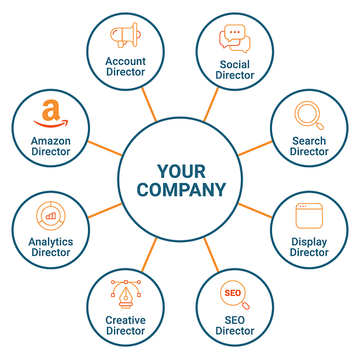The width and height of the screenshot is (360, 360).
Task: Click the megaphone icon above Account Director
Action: pos(126,35)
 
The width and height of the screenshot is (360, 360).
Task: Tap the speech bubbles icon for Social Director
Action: pos(235,39)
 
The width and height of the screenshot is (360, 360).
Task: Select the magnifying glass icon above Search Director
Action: pos(309,115)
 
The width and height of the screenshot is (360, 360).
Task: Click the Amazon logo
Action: pos(51,114)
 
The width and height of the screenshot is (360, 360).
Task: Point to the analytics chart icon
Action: pos(51,216)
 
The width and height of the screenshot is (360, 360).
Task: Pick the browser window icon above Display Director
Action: pos(309,216)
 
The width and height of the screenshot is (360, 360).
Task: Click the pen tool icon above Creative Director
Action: pos(126,294)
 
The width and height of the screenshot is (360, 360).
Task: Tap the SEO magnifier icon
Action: pos(235,295)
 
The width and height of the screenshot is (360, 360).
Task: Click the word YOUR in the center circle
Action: pos(181,172)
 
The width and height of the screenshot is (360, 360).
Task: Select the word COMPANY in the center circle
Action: pos(181,190)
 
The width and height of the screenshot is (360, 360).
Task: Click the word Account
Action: pos(126,61)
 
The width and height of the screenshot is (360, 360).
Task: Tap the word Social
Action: pos(235,65)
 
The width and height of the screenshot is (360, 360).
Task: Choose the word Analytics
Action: pos(51,242)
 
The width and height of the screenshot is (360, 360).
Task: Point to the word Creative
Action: pos(126,320)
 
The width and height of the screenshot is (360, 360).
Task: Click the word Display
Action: pos(309,242)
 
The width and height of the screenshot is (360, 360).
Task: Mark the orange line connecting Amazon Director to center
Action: pos(105,148)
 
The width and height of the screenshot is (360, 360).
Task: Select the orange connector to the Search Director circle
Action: pos(255,148)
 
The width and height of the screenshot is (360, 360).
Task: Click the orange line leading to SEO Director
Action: pos(211,255)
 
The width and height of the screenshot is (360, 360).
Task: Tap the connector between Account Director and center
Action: pos(149,105)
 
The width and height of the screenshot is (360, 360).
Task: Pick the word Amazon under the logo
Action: pos(51,141)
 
